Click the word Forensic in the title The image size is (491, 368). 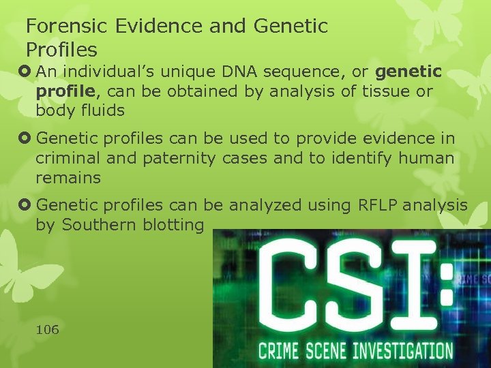tap(61, 27)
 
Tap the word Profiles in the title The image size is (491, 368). tap(61, 50)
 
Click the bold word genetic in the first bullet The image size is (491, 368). tap(408, 72)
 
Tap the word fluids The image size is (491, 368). tap(101, 110)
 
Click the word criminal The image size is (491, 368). tap(67, 159)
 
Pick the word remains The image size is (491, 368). tap(68, 178)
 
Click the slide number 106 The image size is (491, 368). tap(48, 330)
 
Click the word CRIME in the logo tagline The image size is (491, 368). tap(280, 351)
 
